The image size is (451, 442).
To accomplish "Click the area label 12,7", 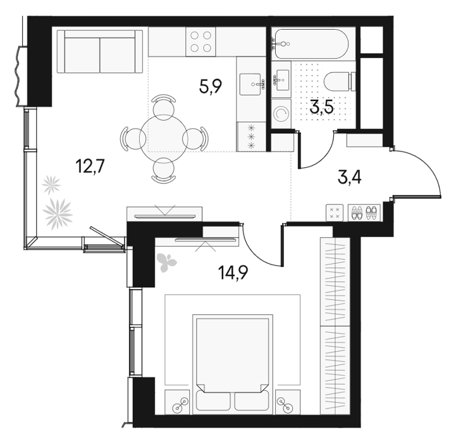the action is pyautogui.click(x=89, y=167).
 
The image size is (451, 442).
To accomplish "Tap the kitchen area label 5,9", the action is pyautogui.click(x=211, y=87).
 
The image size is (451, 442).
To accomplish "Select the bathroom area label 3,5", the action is pyautogui.click(x=321, y=107).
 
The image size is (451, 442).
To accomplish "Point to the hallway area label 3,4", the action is pyautogui.click(x=350, y=177).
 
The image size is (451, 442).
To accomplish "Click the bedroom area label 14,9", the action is pyautogui.click(x=233, y=273).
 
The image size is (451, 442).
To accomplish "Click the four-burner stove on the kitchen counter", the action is pyautogui.click(x=201, y=42).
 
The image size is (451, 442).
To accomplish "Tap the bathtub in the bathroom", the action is pyautogui.click(x=311, y=44).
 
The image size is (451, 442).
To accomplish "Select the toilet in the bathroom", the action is pyautogui.click(x=340, y=82).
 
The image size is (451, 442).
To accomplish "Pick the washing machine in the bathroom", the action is pyautogui.click(x=281, y=114).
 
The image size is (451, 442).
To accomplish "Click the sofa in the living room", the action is pyautogui.click(x=100, y=52).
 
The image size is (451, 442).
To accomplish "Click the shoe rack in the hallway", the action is pyautogui.click(x=364, y=213).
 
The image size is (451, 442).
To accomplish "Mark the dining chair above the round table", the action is pyautogui.click(x=164, y=105).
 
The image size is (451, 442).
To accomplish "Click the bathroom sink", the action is pyautogui.click(x=281, y=80).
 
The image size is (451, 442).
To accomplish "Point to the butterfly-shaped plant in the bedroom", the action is pyautogui.click(x=166, y=262).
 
